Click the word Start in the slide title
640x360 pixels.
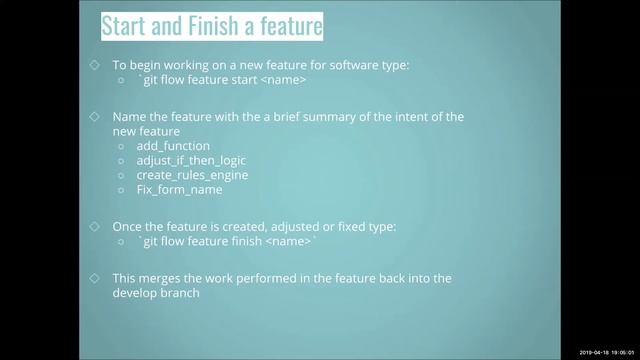[130, 26]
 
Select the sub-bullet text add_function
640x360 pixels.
[173, 146]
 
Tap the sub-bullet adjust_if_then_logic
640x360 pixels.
[191, 160]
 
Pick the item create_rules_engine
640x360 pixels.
[192, 175]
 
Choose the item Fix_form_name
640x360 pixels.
[179, 189]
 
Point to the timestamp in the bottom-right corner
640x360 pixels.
[607, 353]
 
